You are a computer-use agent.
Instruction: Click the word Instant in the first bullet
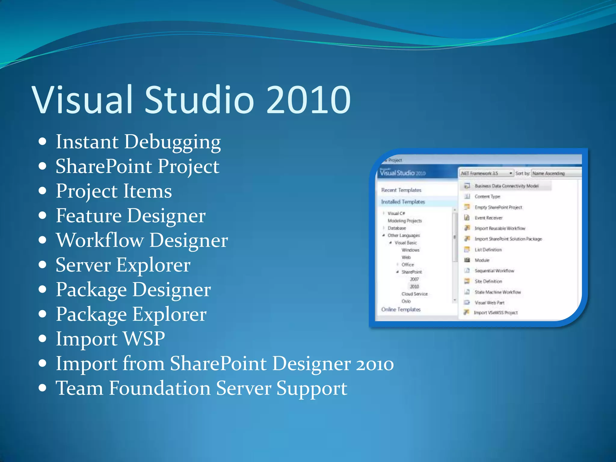click(x=87, y=142)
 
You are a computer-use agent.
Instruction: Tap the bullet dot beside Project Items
click(x=43, y=191)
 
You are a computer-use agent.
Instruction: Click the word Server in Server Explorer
click(x=83, y=265)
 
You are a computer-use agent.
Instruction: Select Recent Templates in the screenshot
click(x=401, y=190)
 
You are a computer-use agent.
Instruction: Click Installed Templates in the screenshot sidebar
click(x=403, y=202)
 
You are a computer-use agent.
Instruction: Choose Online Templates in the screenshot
click(x=401, y=310)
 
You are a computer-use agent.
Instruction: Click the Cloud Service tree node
click(x=414, y=294)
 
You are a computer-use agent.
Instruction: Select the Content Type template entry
click(x=487, y=197)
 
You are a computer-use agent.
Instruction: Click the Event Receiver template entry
click(x=488, y=218)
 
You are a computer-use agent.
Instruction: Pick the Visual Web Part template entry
click(x=489, y=303)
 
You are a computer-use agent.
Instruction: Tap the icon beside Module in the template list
click(x=467, y=260)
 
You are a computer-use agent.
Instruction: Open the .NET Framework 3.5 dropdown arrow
click(x=511, y=173)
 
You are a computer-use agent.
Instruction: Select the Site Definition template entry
click(x=488, y=282)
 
